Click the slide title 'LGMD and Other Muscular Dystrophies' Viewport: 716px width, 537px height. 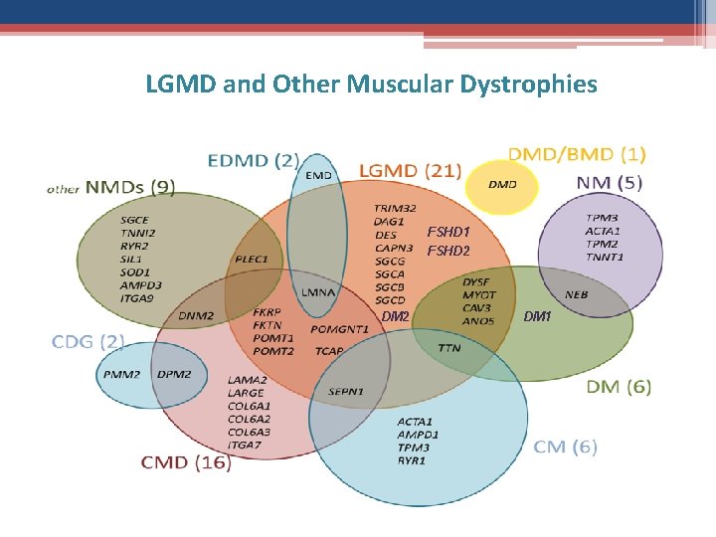point(371,84)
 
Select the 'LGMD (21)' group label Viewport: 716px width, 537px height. point(410,170)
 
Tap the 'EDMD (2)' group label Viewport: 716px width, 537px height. point(253,159)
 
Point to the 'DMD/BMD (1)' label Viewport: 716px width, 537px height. point(577,154)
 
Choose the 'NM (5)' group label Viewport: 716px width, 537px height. point(610,182)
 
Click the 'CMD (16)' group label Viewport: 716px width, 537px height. point(186,462)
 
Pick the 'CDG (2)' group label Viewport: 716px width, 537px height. point(89,341)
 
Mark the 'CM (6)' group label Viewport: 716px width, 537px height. point(566,447)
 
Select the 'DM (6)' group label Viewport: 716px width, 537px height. point(620,387)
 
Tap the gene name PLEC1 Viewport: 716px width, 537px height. point(252,259)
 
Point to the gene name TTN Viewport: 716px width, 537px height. point(448,349)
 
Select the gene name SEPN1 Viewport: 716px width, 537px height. point(346,392)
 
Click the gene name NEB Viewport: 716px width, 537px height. point(576,294)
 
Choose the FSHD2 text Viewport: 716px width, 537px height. point(447,251)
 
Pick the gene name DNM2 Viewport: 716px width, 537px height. point(196,316)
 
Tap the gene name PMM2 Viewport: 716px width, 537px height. point(122,374)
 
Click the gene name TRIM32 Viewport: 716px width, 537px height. point(395,209)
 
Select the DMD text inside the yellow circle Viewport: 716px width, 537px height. point(502,185)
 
